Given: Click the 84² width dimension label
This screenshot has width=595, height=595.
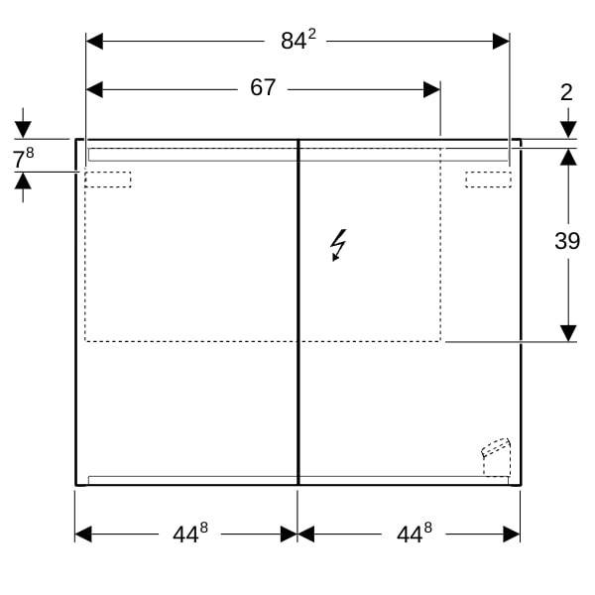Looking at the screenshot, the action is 298,40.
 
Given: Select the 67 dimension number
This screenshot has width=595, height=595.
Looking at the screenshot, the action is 263,87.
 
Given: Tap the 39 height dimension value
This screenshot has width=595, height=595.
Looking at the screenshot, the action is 567,241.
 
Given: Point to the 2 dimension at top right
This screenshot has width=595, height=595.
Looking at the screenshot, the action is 566,92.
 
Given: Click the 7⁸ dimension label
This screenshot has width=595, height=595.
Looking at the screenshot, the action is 24,158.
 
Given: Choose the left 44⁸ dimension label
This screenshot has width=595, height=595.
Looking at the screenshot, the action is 190,534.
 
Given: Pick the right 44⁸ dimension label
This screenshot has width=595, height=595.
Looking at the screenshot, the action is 414,534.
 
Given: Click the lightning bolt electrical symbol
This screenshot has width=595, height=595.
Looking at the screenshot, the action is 338,245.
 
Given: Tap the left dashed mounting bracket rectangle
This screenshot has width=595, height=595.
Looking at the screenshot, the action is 108,179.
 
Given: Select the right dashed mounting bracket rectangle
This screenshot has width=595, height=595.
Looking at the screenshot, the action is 488,179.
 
